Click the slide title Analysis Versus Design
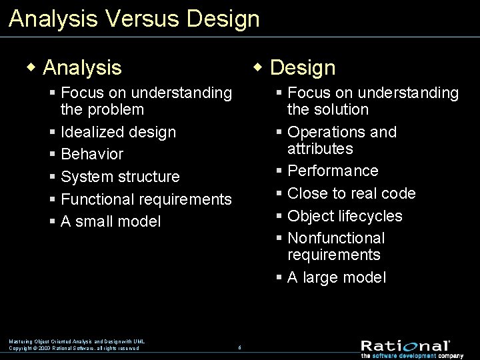click(x=134, y=18)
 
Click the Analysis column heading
click(x=82, y=67)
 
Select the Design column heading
click(x=303, y=67)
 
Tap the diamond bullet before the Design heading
click(x=259, y=67)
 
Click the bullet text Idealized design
click(x=118, y=132)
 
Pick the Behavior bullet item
click(x=92, y=154)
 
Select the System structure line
click(x=120, y=177)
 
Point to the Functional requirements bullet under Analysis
click(x=146, y=199)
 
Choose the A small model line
click(x=111, y=221)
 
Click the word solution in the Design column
click(x=327, y=109)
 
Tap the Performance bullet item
click(x=333, y=171)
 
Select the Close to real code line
click(x=351, y=193)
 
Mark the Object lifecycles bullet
click(x=345, y=216)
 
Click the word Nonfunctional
click(x=336, y=238)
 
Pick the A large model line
click(x=336, y=277)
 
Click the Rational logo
click(x=405, y=346)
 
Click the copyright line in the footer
click(x=74, y=348)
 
